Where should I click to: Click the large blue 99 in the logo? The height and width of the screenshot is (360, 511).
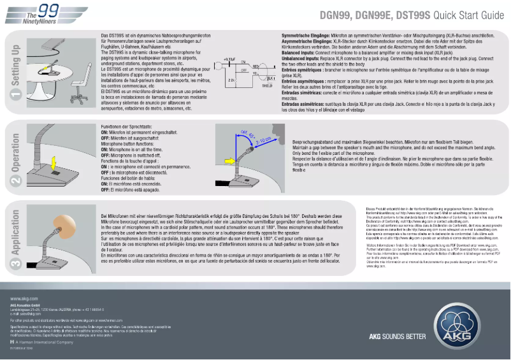click(48, 10)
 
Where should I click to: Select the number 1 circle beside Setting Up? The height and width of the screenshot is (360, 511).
click(16, 95)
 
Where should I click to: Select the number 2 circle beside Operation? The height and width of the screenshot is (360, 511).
click(16, 180)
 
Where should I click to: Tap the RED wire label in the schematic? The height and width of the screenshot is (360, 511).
click(255, 65)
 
